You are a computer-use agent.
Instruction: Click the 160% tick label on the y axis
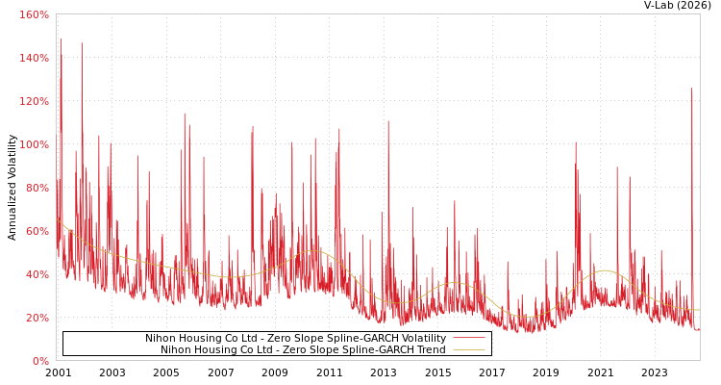point(34,14)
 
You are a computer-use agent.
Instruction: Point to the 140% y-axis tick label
point(34,58)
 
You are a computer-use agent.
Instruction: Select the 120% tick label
point(34,101)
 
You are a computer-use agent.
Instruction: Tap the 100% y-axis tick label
point(34,144)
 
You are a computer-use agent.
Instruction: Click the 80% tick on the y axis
point(37,188)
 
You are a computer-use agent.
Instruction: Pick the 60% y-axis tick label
point(37,231)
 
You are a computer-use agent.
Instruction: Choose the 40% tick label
point(37,274)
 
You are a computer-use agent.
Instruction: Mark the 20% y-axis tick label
point(37,318)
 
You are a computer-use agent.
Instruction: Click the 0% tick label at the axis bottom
point(40,361)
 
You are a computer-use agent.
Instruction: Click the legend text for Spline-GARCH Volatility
point(295,339)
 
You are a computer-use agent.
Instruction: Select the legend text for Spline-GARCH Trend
point(303,350)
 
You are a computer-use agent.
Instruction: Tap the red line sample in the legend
point(468,339)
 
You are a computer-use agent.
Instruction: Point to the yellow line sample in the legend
point(468,350)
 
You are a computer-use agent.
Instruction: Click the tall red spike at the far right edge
point(691,90)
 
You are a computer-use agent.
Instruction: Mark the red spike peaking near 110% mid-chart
point(388,122)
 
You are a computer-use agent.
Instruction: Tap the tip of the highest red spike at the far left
point(61,38)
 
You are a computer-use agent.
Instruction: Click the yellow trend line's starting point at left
point(57,220)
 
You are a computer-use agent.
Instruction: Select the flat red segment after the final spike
point(697,330)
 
